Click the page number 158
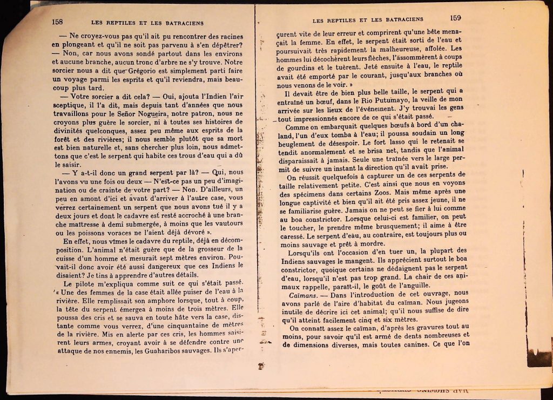57,22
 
